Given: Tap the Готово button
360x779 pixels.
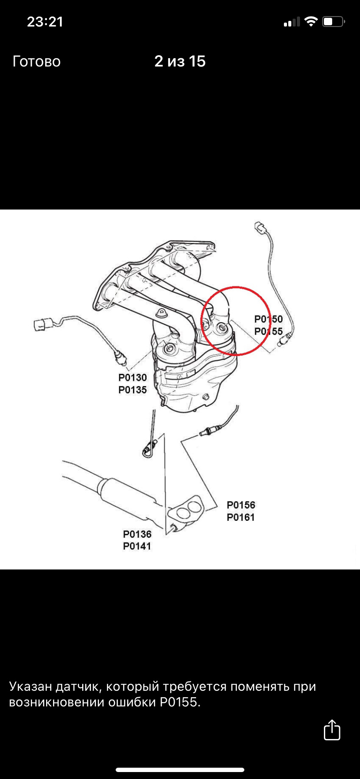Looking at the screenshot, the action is coord(37,61).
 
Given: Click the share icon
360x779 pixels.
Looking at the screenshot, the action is coord(332,730).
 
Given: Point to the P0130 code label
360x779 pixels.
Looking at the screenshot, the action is coord(133,377).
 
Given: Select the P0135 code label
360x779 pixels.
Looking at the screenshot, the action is coord(133,390).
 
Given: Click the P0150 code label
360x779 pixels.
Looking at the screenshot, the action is coord(268,319).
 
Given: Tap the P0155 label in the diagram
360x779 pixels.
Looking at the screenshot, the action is coord(268,332).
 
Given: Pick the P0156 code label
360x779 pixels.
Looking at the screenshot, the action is coord(241,505).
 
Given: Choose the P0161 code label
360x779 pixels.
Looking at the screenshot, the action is coord(241,517).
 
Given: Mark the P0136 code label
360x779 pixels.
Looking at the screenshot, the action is coord(137,534).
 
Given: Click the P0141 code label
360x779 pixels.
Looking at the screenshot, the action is coord(137,546).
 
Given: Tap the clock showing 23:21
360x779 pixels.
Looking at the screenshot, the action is coord(45,22).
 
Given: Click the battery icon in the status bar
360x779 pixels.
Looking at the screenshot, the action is coord(333,21).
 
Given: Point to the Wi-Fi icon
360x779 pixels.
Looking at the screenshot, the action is coord(311,21).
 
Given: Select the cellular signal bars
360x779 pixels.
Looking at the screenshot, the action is coord(292,22).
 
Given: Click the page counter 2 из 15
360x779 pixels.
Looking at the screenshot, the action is coord(180,61).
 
